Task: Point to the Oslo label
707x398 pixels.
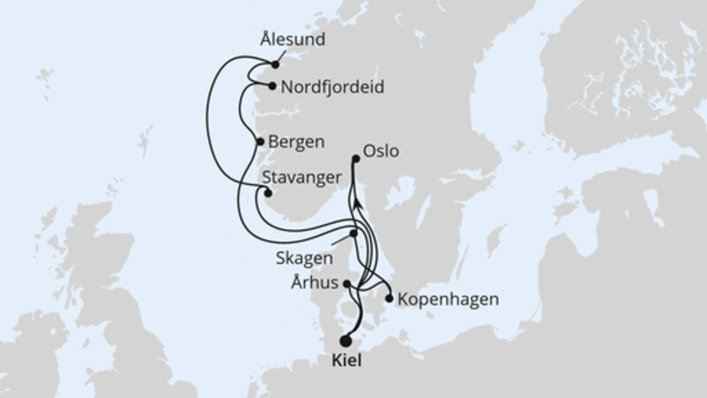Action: [x=381, y=151]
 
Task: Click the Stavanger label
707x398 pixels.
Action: [x=302, y=178]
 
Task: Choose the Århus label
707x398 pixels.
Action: [x=315, y=285]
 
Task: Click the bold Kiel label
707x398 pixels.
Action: [x=346, y=361]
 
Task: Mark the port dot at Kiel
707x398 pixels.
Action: [x=345, y=341]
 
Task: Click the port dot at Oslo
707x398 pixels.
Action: [x=356, y=159]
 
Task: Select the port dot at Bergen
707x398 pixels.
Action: [x=259, y=142]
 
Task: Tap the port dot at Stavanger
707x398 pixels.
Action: [x=269, y=193]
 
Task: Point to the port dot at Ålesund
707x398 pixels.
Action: [x=276, y=64]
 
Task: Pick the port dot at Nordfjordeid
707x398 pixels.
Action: [x=271, y=87]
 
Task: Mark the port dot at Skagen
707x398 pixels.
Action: [x=353, y=233]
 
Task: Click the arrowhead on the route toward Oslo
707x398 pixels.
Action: [x=356, y=203]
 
